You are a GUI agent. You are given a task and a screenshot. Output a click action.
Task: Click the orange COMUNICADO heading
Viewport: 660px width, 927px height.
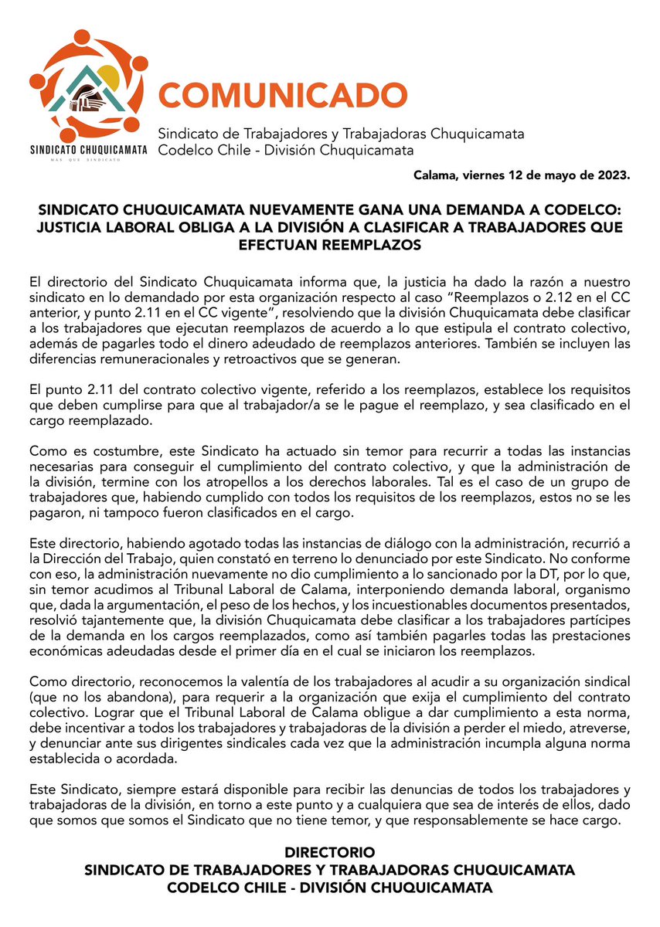[282, 95]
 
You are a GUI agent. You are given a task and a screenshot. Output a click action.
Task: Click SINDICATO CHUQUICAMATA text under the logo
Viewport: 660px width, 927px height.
[87, 151]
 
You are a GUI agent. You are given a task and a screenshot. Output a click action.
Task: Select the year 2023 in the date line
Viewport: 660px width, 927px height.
[613, 175]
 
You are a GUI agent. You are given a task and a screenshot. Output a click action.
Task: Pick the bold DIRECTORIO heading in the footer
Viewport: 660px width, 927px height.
[330, 854]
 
